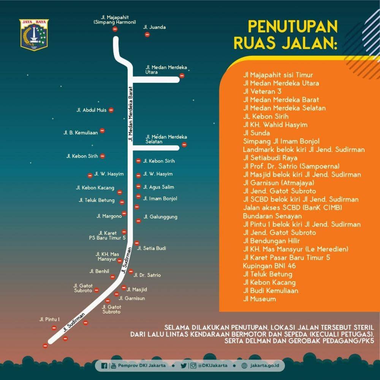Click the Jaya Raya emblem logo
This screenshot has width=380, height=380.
(34, 35)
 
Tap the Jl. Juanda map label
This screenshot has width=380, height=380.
(154, 27)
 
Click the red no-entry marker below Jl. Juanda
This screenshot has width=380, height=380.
(147, 35)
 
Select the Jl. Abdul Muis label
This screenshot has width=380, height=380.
(91, 110)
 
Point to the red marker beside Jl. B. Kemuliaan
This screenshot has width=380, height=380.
(102, 131)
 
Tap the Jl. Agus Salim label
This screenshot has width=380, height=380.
(158, 187)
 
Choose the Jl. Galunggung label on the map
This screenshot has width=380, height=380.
(160, 217)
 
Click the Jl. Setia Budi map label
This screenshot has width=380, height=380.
(152, 248)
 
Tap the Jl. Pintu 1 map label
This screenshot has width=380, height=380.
(50, 319)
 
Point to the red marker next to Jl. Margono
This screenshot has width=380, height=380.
(124, 214)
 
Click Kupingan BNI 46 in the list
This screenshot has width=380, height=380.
(269, 266)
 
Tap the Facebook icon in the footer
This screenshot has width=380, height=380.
(104, 366)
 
